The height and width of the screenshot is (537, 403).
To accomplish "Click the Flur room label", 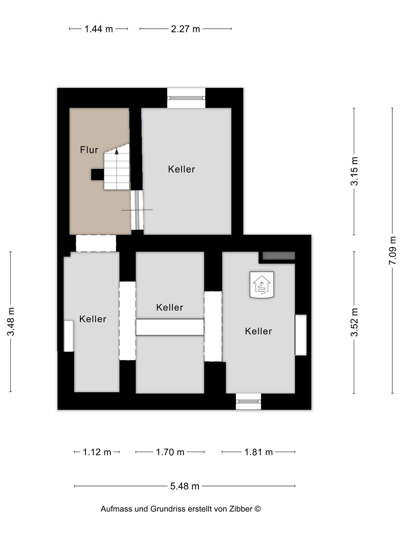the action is pos(89,150).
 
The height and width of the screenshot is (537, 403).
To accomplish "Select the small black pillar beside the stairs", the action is pos(97,174).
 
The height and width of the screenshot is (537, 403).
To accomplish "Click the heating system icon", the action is pos(262,285).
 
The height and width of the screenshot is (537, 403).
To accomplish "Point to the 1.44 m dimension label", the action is pos(99,29).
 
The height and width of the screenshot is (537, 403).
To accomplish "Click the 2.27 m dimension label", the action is pos(185,29).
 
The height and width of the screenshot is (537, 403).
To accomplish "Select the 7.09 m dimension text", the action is pos(392,251).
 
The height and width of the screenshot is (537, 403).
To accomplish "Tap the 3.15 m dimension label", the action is pos(354,171).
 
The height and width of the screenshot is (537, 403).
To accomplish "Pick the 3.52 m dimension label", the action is pos(354,322).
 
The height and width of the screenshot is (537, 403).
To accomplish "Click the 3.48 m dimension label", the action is pos(10,321).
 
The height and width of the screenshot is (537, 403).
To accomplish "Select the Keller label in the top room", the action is pos(182,169).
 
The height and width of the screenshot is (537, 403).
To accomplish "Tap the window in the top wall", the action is pos(186,98).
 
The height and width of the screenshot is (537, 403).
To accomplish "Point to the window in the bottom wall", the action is pos(248,401).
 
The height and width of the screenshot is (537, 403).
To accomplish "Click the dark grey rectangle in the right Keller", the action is pos(279,256).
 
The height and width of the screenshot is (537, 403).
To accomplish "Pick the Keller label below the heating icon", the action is pos(258,331).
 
